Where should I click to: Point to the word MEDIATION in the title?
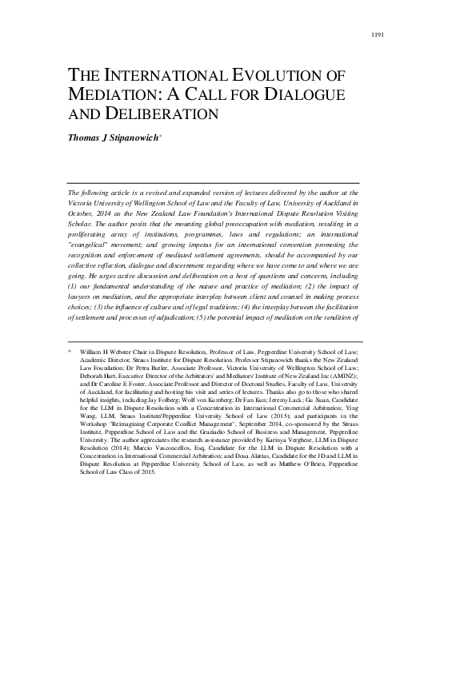coord(114,94)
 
